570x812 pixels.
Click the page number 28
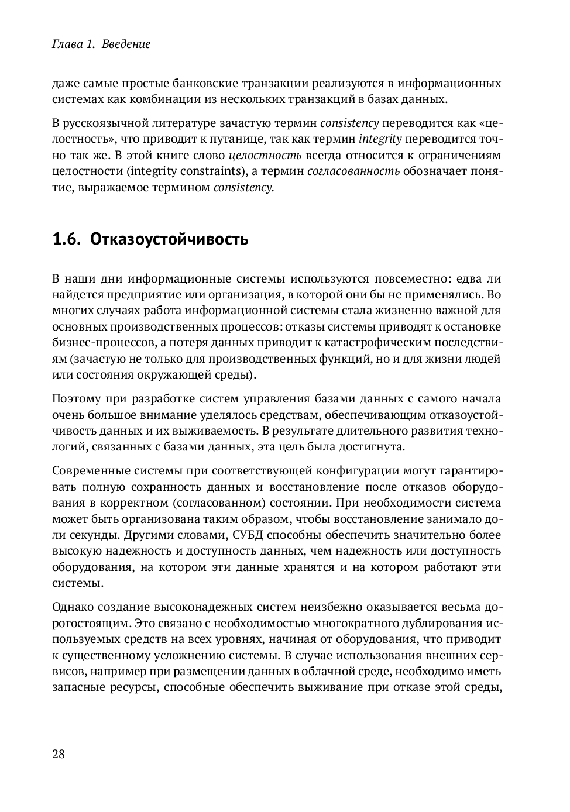[x=59, y=753]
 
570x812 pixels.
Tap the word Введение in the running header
[x=126, y=44]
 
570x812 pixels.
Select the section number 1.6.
[x=66, y=239]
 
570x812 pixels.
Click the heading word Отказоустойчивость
[x=169, y=239]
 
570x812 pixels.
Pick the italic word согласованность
[x=353, y=171]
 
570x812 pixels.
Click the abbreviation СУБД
[x=249, y=535]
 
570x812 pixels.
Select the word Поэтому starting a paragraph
[x=75, y=399]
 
